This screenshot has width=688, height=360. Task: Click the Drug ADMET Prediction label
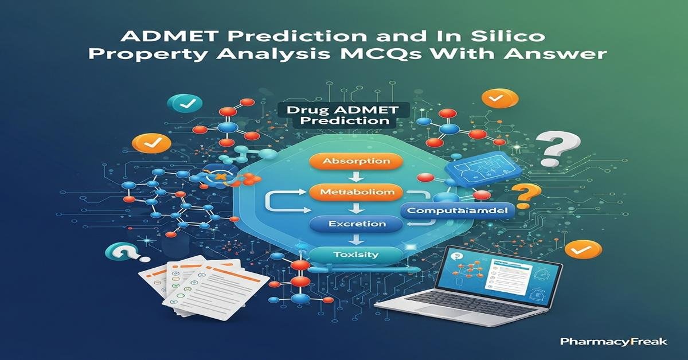[x=338, y=115]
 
